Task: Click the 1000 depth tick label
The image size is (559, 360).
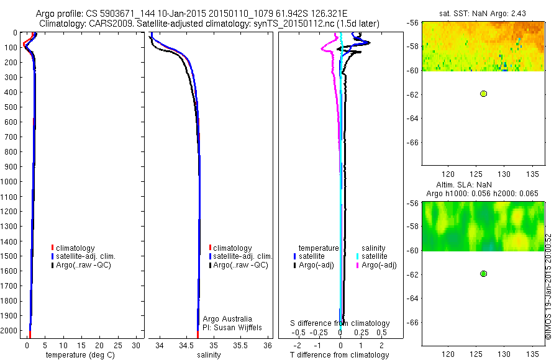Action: (11, 181)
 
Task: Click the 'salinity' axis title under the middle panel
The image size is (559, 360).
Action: (208, 355)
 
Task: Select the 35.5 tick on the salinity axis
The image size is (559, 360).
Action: (240, 345)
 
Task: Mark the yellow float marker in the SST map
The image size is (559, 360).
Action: (483, 94)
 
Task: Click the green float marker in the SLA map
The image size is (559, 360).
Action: (483, 274)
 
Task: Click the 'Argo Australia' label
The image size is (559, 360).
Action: (227, 318)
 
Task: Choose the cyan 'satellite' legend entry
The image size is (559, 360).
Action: (375, 256)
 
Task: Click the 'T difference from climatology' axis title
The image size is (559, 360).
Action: (340, 355)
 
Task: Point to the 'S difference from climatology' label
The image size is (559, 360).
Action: (340, 323)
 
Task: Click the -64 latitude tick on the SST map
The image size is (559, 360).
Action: (412, 118)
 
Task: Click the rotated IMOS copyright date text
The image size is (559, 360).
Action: (548, 287)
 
